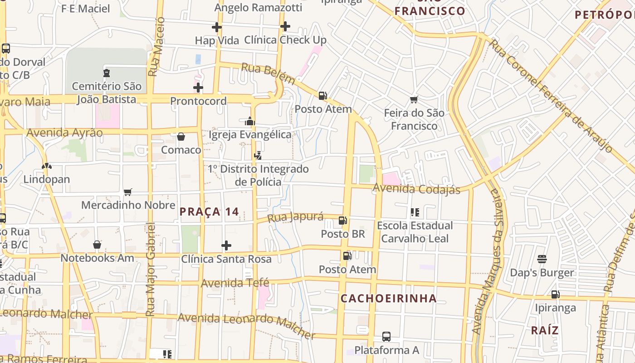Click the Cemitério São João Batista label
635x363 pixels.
[x=107, y=93]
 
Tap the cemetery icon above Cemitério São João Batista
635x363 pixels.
[x=107, y=73]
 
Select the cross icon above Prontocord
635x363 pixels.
[x=198, y=88]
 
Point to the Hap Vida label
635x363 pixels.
[x=217, y=40]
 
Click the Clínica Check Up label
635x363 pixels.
[x=285, y=40]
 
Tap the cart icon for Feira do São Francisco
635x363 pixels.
[x=414, y=99]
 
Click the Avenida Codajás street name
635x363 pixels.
[x=416, y=188]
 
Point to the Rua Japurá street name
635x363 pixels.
[x=295, y=217]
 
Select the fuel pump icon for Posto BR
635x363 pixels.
[x=343, y=221]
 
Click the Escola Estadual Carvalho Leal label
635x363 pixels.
[x=415, y=232]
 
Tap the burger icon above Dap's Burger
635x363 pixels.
[x=542, y=259]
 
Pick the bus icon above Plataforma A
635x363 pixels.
[x=386, y=337]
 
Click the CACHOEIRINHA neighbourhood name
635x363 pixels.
[x=389, y=299]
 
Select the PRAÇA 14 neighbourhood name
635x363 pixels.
[x=209, y=211]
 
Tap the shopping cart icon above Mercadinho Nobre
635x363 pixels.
[x=128, y=192]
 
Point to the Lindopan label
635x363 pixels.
[x=47, y=179]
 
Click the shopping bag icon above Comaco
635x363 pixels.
[x=181, y=137]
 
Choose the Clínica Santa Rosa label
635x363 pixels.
[x=226, y=259]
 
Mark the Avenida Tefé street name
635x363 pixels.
[x=235, y=283]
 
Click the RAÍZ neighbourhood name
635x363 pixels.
[x=545, y=330]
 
